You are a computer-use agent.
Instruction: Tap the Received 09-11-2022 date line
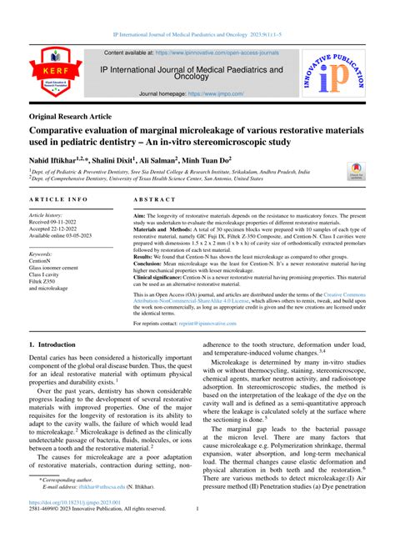[x=59, y=223]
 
